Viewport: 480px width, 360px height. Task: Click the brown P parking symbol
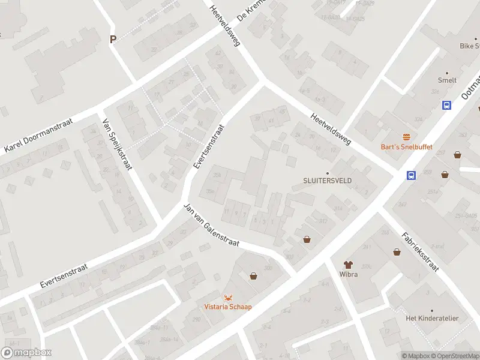[113, 40]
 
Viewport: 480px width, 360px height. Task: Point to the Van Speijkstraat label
[117, 144]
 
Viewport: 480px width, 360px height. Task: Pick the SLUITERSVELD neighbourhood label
[328, 180]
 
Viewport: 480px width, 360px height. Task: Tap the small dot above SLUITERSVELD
[328, 172]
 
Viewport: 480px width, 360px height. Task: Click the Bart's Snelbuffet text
[407, 147]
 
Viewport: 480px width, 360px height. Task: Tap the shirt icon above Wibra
[347, 264]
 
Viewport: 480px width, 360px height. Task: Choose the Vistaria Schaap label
[228, 307]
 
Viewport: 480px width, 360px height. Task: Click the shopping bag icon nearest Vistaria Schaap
[253, 276]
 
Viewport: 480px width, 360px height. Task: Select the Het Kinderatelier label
[432, 318]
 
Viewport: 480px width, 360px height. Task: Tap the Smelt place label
[447, 80]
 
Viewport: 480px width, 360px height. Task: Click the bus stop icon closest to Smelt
[447, 105]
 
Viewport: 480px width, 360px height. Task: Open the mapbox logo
[26, 353]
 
